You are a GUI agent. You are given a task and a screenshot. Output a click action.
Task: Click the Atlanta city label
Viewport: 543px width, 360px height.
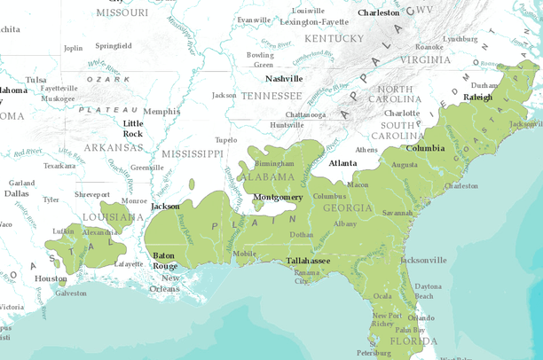[342, 163]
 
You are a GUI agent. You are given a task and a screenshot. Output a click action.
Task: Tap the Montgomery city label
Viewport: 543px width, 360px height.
[278, 197]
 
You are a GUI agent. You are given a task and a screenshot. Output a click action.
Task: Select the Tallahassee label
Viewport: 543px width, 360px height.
[308, 261]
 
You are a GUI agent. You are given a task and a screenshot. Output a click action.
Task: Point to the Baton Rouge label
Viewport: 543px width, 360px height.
[164, 261]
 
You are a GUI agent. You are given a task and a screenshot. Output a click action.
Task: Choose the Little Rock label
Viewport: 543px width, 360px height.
[132, 129]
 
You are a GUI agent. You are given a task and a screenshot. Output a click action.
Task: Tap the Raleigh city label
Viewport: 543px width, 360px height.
[477, 98]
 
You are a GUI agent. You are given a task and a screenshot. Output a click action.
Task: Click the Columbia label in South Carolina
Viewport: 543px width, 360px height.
[425, 148]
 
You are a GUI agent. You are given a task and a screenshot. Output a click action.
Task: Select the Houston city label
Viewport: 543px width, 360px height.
[51, 278]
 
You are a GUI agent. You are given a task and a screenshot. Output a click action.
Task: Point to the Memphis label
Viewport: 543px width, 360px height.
[161, 112]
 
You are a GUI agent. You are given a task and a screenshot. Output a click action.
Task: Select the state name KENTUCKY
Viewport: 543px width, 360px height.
[334, 38]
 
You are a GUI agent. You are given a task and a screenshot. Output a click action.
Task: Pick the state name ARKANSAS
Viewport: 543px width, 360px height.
[114, 147]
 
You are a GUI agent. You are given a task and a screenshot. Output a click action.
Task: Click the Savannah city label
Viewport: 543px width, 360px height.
[397, 213]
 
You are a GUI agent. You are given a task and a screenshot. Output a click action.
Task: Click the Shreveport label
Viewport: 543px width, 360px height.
[92, 194]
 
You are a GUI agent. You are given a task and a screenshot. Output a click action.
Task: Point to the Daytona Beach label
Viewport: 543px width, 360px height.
[428, 291]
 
